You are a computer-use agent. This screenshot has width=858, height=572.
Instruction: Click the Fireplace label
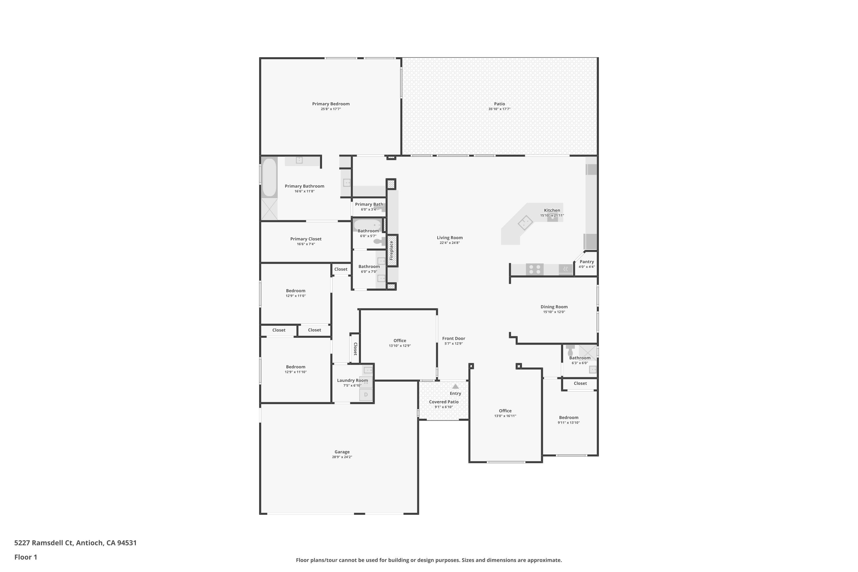(x=392, y=250)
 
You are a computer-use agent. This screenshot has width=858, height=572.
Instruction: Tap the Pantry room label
(x=587, y=262)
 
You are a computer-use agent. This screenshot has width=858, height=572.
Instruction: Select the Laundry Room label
(x=352, y=380)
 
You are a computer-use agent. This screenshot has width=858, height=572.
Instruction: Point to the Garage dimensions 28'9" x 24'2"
(x=342, y=457)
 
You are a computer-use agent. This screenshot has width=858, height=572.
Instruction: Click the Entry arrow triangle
(x=455, y=386)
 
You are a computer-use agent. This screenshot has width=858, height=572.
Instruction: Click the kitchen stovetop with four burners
(x=535, y=269)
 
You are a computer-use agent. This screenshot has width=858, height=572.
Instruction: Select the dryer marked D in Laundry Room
(x=366, y=395)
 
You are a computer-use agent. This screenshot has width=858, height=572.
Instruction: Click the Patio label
(x=499, y=104)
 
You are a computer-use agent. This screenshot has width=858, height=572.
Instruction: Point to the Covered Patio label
(x=444, y=402)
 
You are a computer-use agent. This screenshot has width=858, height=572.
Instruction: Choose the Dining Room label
(x=554, y=307)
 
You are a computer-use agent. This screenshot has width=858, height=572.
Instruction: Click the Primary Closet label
(x=306, y=239)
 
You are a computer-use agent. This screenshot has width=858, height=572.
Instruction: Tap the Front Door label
(x=453, y=339)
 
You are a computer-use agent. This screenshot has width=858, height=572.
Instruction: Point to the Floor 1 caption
(x=25, y=557)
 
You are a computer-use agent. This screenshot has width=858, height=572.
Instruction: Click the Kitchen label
(x=552, y=210)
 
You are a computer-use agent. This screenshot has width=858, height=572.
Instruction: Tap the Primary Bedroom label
(x=331, y=104)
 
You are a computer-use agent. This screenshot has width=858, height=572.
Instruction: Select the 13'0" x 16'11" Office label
(x=505, y=411)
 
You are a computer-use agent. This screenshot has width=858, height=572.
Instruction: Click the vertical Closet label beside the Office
(x=355, y=348)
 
